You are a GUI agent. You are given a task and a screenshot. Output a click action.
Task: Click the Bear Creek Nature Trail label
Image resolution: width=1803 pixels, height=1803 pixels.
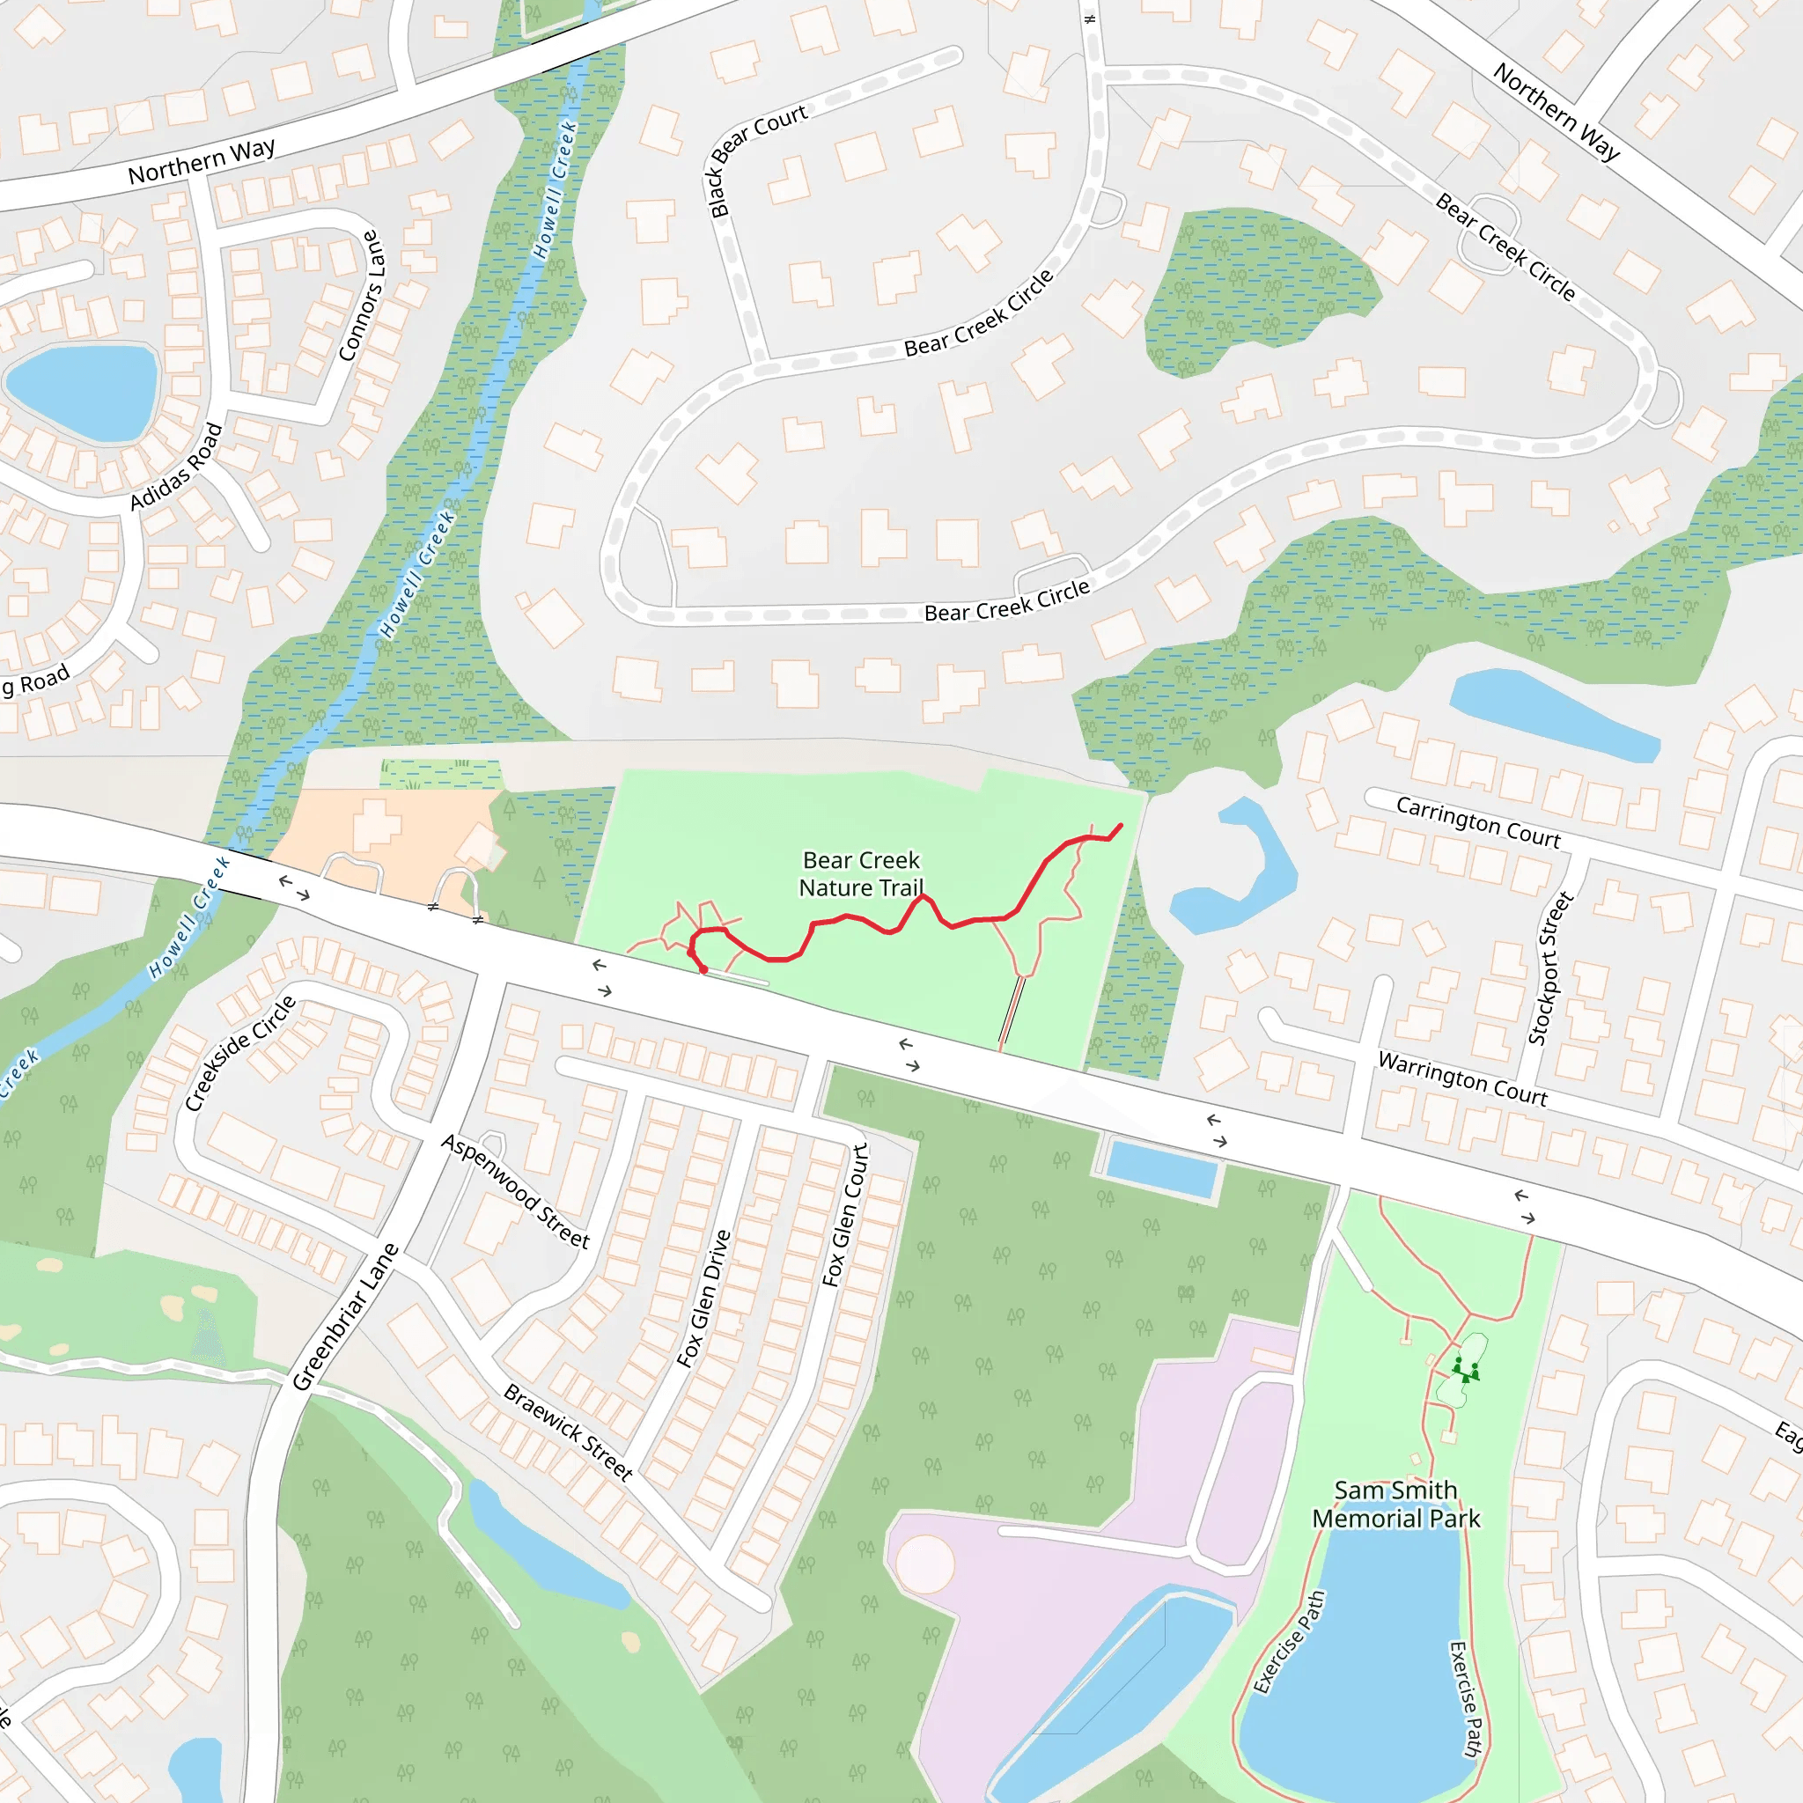pyautogui.click(x=861, y=873)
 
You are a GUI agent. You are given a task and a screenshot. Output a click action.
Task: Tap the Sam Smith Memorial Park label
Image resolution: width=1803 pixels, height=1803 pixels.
pyautogui.click(x=1395, y=1505)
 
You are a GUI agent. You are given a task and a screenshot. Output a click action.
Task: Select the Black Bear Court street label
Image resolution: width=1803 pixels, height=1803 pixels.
pyautogui.click(x=757, y=160)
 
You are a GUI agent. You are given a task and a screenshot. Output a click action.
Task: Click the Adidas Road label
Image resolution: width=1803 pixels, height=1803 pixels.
pyautogui.click(x=176, y=467)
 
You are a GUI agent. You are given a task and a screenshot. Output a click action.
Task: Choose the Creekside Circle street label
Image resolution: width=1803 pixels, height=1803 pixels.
pyautogui.click(x=239, y=1054)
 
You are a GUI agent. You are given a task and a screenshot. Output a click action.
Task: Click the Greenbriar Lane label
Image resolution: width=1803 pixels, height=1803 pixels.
pyautogui.click(x=345, y=1317)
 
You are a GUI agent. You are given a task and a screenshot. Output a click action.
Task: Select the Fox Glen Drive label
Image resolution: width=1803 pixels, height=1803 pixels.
pyautogui.click(x=703, y=1299)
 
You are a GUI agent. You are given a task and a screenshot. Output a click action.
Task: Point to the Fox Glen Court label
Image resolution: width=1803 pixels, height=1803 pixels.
pyautogui.click(x=845, y=1215)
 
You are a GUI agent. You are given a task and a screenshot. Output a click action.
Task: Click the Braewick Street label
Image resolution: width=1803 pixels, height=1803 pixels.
pyautogui.click(x=569, y=1431)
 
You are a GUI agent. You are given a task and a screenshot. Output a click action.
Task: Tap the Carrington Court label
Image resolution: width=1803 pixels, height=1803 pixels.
pyautogui.click(x=1477, y=822)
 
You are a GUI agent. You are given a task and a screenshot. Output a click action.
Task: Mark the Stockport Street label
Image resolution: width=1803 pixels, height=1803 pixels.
pyautogui.click(x=1550, y=968)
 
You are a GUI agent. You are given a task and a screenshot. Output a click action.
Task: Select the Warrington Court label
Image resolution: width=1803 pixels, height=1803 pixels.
pyautogui.click(x=1462, y=1079)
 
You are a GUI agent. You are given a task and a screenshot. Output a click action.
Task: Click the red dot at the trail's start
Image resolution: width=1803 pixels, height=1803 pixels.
pyautogui.click(x=703, y=969)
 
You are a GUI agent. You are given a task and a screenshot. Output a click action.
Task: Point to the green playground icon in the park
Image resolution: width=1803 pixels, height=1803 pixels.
pyautogui.click(x=1465, y=1369)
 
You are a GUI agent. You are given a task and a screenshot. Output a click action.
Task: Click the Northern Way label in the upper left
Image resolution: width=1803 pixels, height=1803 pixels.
pyautogui.click(x=202, y=161)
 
